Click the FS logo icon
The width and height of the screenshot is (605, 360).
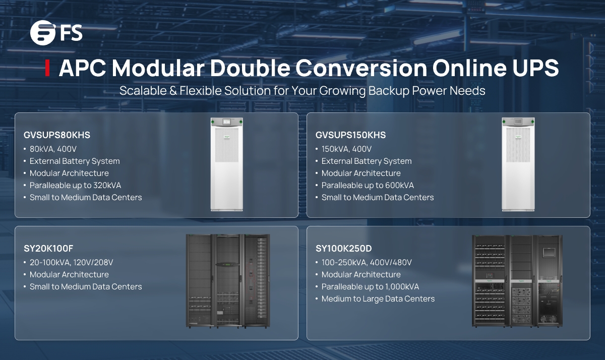point(42,33)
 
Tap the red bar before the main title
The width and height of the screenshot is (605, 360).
point(47,68)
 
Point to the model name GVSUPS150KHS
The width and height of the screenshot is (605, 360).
point(350,135)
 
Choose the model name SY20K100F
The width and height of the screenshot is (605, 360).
point(48,249)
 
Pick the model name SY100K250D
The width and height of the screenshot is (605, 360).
point(344,249)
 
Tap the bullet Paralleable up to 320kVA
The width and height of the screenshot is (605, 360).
point(75,186)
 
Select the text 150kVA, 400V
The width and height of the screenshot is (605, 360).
point(347,149)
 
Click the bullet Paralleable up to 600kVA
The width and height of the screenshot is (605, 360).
point(368,186)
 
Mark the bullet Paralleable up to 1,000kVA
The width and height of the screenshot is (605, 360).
point(370,287)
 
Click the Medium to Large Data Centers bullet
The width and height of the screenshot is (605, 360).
point(378,299)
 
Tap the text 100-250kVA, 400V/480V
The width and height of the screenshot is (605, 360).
point(367,263)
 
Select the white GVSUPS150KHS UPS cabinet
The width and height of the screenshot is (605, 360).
point(517,164)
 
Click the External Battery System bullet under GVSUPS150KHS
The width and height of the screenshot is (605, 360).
point(367,161)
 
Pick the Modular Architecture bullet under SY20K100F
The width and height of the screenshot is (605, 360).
point(69,275)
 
